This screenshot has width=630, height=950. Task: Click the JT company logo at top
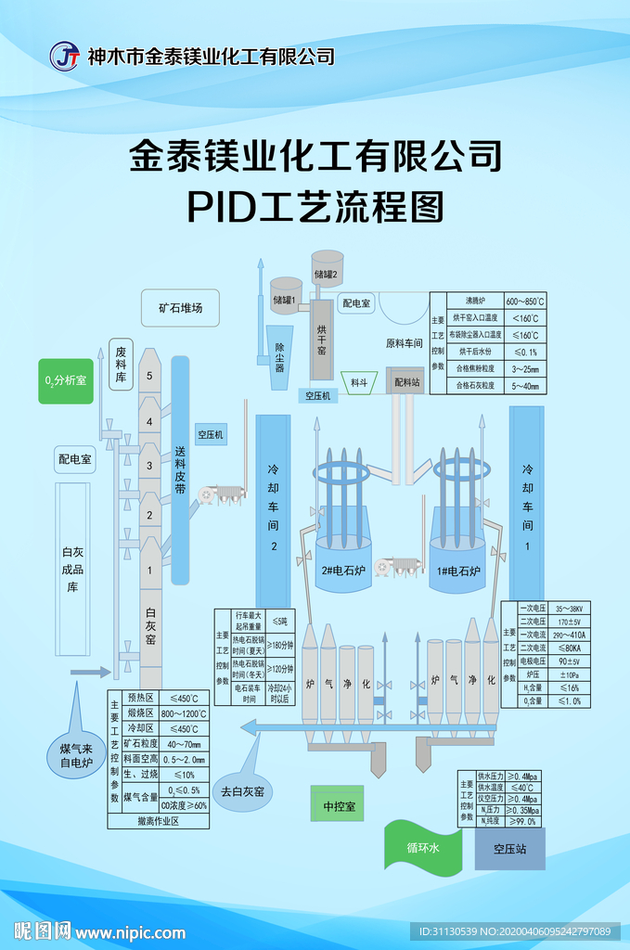pyautogui.click(x=65, y=56)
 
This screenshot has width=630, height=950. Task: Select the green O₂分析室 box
pyautogui.click(x=66, y=381)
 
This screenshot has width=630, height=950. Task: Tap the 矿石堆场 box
pyautogui.click(x=180, y=308)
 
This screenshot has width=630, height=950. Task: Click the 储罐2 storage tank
pyautogui.click(x=328, y=270)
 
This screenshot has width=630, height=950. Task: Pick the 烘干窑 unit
pyautogui.click(x=321, y=340)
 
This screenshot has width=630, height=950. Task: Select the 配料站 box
pyautogui.click(x=405, y=381)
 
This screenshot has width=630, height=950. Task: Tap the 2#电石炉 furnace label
pyautogui.click(x=342, y=571)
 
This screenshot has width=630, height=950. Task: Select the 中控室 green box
pyautogui.click(x=339, y=806)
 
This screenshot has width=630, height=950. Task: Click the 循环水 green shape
pyautogui.click(x=422, y=848)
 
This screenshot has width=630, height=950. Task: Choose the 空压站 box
pyautogui.click(x=509, y=848)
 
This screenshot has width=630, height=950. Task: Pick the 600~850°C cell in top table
pyautogui.click(x=525, y=302)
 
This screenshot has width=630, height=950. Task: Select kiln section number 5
pyautogui.click(x=149, y=377)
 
